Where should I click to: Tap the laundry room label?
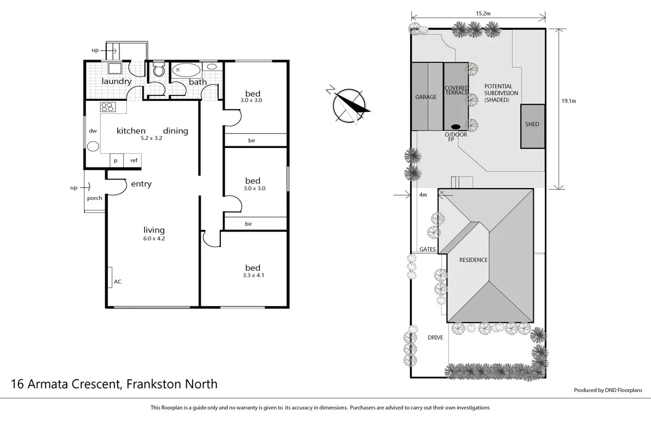[117, 81]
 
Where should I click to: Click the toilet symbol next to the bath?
[159, 70]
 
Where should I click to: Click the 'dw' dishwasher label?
[92, 131]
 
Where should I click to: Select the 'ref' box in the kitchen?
[133, 160]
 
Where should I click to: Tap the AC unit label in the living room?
[117, 282]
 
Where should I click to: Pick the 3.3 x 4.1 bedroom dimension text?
[253, 275]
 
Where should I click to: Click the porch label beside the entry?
[95, 198]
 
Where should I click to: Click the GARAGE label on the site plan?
[426, 97]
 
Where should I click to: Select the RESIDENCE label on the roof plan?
[474, 260]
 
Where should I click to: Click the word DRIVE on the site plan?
[435, 337]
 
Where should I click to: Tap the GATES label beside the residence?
[428, 249]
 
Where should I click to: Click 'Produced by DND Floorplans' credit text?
[608, 390]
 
